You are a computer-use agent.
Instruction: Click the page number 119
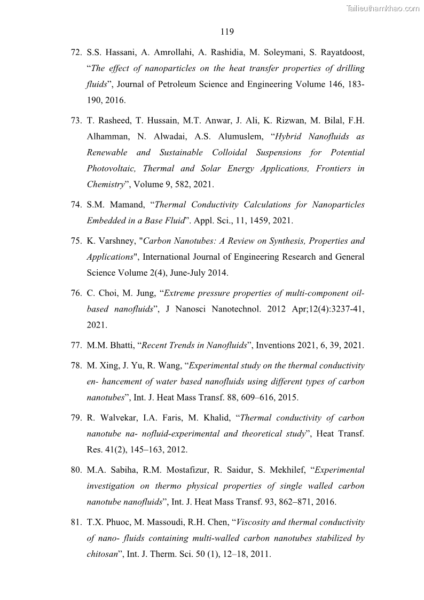(227, 32)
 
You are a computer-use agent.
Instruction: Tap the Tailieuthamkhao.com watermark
(383, 8)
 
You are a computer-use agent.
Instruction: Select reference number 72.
(76, 53)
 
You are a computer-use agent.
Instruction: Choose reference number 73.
(76, 121)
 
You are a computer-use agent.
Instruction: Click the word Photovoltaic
(112, 168)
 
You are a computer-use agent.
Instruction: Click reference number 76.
(76, 293)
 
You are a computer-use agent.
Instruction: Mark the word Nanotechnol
(254, 309)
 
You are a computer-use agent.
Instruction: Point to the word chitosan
(102, 554)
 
